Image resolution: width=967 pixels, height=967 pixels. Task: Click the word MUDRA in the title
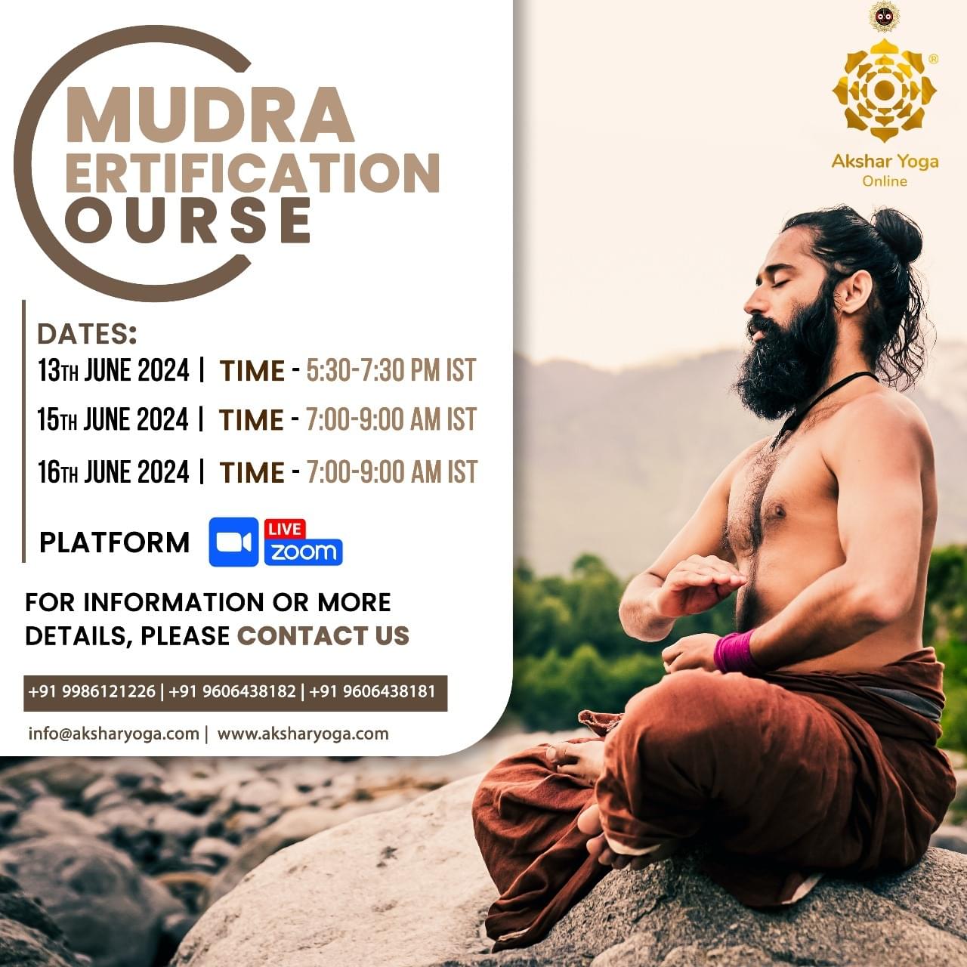pyautogui.click(x=210, y=116)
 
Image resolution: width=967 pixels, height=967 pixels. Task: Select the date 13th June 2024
pyautogui.click(x=113, y=370)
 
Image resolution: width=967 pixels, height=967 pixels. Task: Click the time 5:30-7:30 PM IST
pyautogui.click(x=391, y=370)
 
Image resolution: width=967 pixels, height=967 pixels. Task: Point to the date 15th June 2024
pyautogui.click(x=113, y=419)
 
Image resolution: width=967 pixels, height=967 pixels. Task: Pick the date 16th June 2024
pyautogui.click(x=113, y=471)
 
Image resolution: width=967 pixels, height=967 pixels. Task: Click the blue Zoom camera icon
pyautogui.click(x=233, y=542)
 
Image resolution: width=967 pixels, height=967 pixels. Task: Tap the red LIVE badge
pyautogui.click(x=285, y=529)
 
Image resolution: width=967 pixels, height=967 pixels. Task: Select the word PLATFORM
pyautogui.click(x=114, y=542)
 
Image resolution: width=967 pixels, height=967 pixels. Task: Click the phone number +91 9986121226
pyautogui.click(x=92, y=691)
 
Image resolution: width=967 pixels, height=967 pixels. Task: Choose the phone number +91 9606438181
pyautogui.click(x=372, y=691)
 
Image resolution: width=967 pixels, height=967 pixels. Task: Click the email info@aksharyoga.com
pyautogui.click(x=114, y=734)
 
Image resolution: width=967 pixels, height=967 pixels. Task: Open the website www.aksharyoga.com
pyautogui.click(x=303, y=734)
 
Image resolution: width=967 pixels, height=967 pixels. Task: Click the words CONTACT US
pyautogui.click(x=323, y=635)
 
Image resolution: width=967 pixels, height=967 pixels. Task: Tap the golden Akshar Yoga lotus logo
pyautogui.click(x=884, y=91)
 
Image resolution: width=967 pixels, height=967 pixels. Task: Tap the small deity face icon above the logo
pyautogui.click(x=884, y=17)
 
